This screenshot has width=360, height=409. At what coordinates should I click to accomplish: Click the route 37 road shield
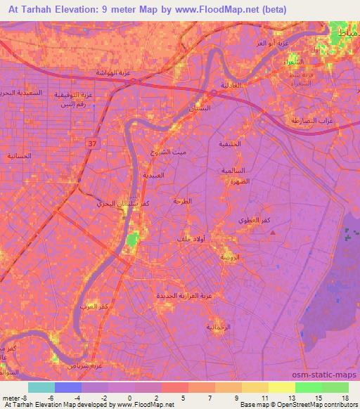91,145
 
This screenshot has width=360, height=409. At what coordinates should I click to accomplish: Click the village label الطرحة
182,201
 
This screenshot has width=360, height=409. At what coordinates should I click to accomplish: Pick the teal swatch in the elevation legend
41,387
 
